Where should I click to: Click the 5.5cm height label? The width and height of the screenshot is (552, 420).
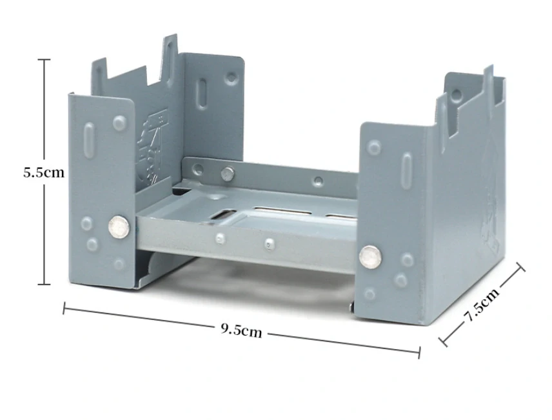tap(44, 173)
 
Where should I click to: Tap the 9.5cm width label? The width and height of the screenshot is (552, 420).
tap(241, 330)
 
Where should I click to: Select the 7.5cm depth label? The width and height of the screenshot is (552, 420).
tap(483, 305)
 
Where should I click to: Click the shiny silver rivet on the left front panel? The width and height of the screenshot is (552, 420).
tap(119, 227)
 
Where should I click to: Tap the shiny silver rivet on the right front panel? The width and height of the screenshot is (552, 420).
tap(370, 256)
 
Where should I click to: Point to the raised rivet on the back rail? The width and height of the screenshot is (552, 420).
tap(227, 174)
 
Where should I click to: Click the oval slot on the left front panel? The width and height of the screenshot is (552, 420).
tap(89, 140)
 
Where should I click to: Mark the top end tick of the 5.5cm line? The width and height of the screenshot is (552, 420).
tap(44, 59)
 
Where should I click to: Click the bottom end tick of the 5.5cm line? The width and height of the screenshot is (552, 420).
tap(44, 284)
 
